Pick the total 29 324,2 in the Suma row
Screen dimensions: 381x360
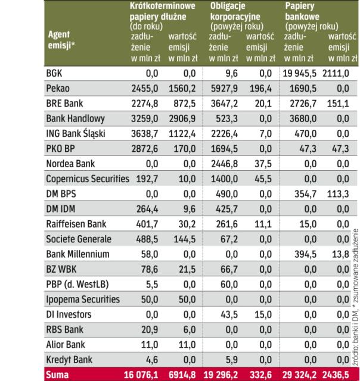[302, 375]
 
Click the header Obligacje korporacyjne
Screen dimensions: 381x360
[232, 11]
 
